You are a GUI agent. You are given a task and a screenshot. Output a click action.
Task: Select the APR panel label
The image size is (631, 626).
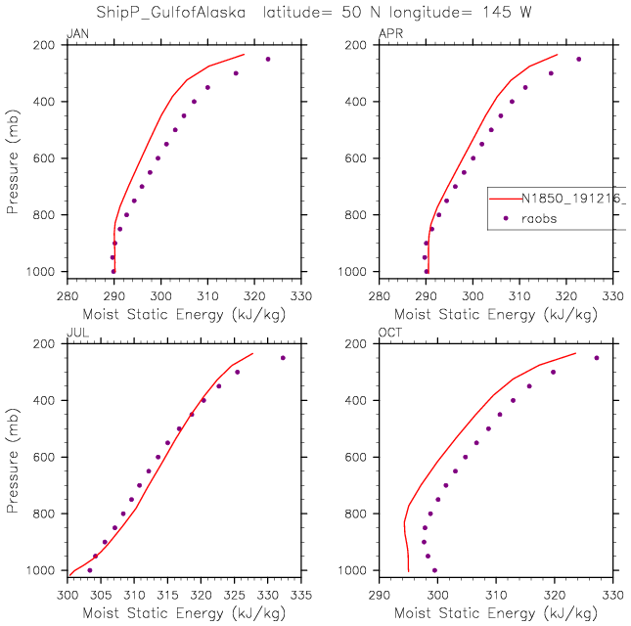point(388,36)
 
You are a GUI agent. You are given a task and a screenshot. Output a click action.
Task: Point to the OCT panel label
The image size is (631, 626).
point(388,335)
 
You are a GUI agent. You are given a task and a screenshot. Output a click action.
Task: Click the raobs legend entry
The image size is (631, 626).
point(537,219)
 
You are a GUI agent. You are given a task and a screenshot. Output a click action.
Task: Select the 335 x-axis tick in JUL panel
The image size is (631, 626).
point(301,593)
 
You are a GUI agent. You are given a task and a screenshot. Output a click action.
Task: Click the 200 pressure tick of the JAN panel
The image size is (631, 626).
point(43,45)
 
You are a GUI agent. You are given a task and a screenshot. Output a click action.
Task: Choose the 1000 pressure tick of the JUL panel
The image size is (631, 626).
point(40,570)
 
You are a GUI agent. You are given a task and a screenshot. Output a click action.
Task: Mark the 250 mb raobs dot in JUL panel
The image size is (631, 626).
point(283,358)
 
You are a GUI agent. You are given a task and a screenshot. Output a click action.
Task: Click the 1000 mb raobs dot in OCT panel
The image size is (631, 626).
point(434,570)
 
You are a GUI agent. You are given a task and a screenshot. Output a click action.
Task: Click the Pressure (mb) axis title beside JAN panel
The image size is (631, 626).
point(12,157)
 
